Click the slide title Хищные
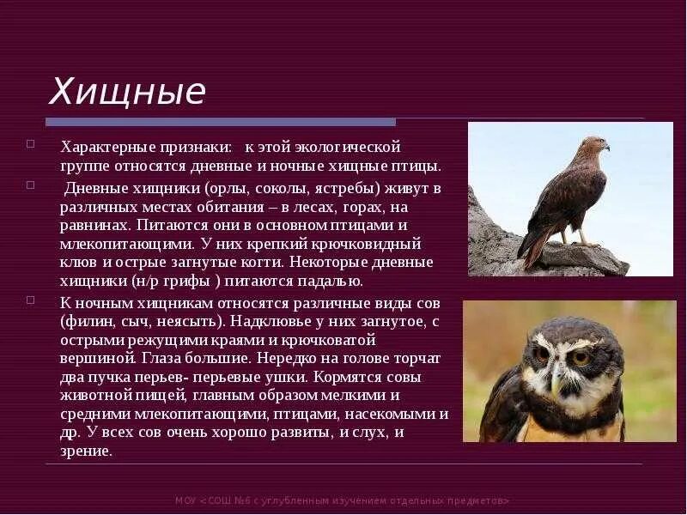tap(126, 91)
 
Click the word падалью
tap(319, 281)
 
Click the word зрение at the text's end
tap(86, 451)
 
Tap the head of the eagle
tap(593, 145)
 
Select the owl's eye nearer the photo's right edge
tap(583, 355)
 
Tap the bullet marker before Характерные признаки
tap(31, 143)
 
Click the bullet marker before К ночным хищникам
tap(31, 300)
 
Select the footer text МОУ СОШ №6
tap(343, 500)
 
